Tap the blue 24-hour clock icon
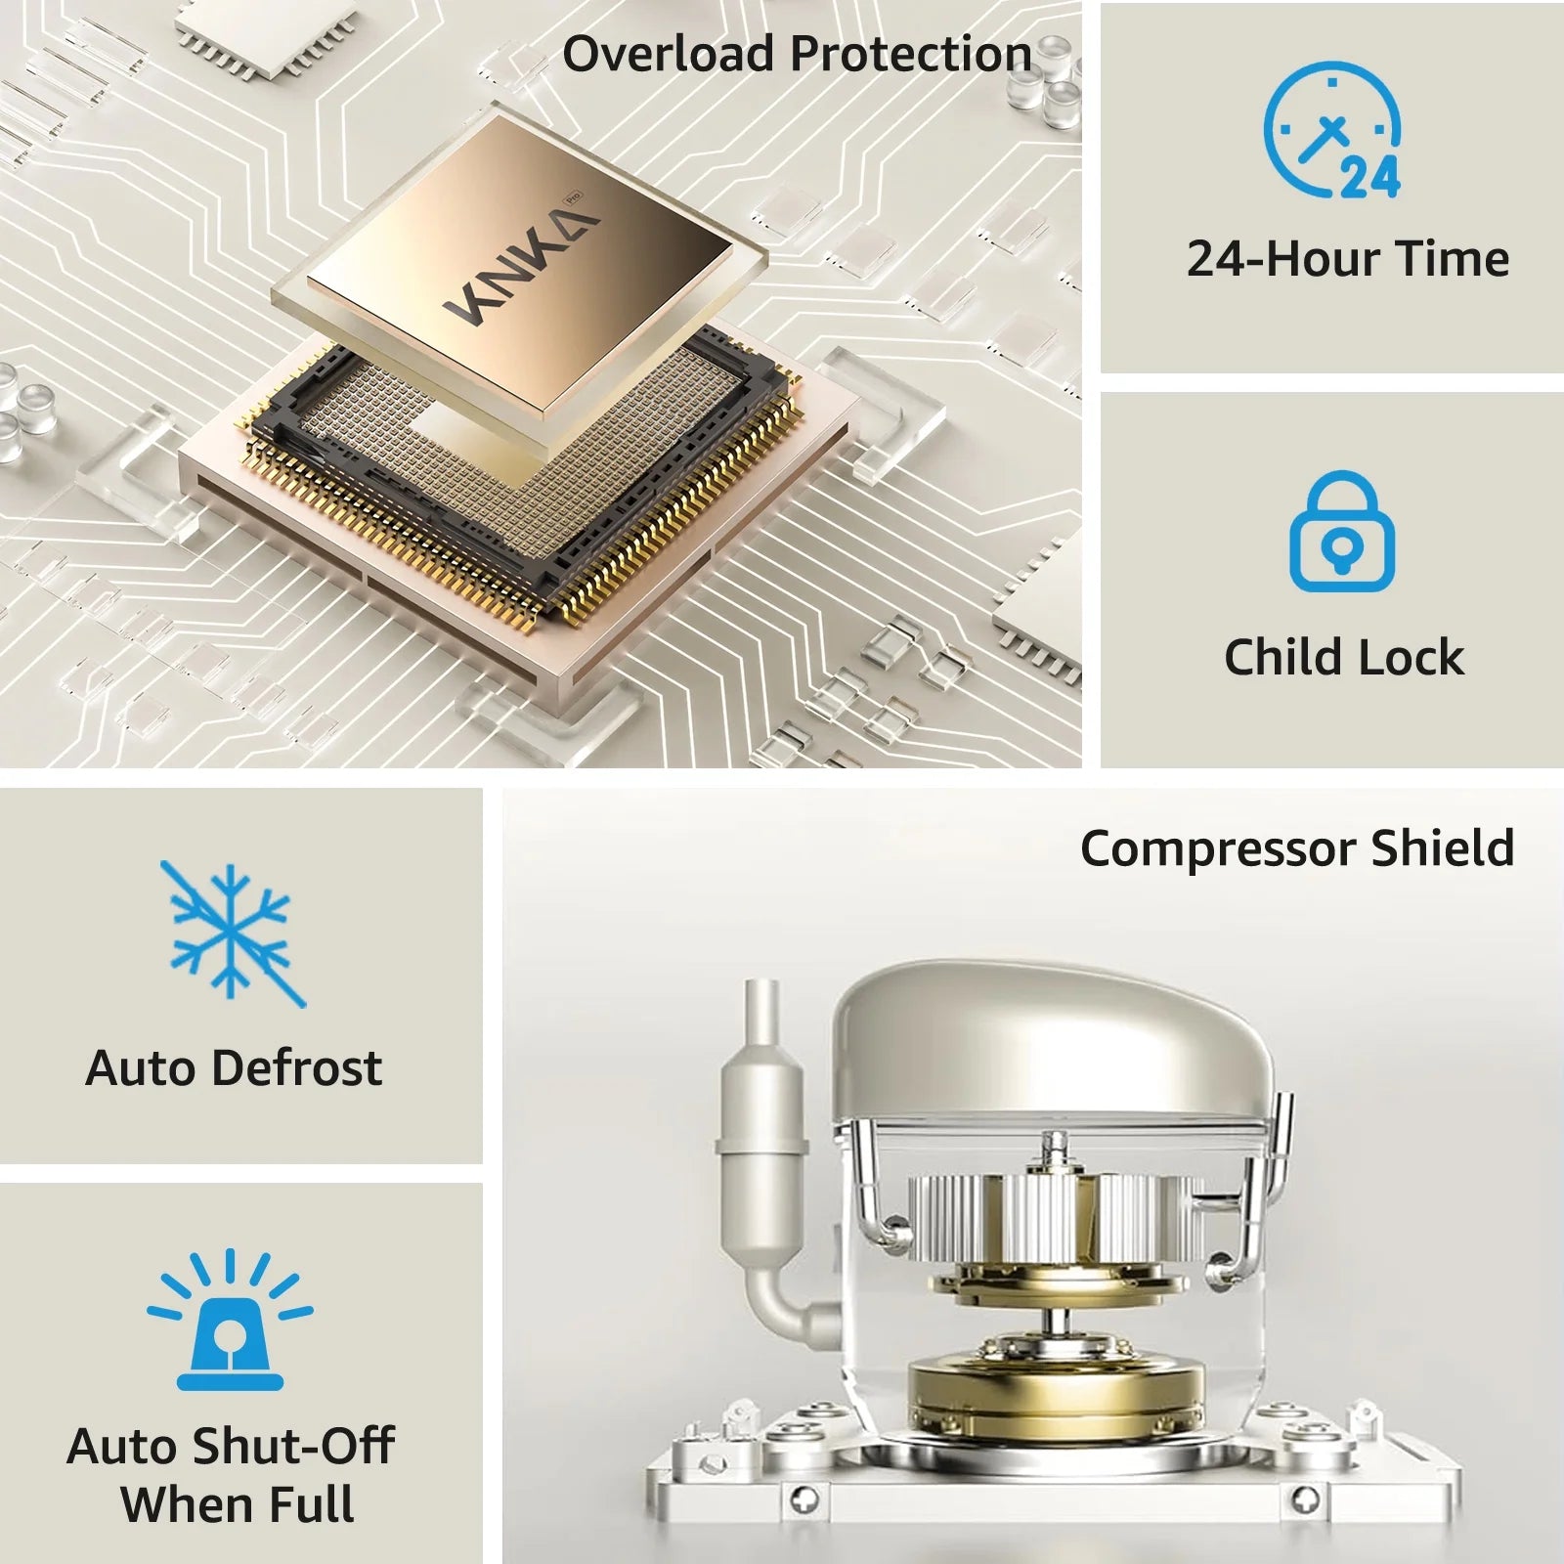pyautogui.click(x=1332, y=130)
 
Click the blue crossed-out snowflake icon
pyautogui.click(x=233, y=934)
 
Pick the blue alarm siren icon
pyautogui.click(x=231, y=1319)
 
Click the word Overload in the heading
pyautogui.click(x=668, y=54)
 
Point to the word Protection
pyautogui.click(x=910, y=54)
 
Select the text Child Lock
pyautogui.click(x=1344, y=657)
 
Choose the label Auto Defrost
pyautogui.click(x=234, y=1067)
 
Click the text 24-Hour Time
pyautogui.click(x=1348, y=259)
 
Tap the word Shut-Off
pyautogui.click(x=292, y=1447)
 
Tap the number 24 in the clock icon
pyautogui.click(x=1369, y=177)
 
